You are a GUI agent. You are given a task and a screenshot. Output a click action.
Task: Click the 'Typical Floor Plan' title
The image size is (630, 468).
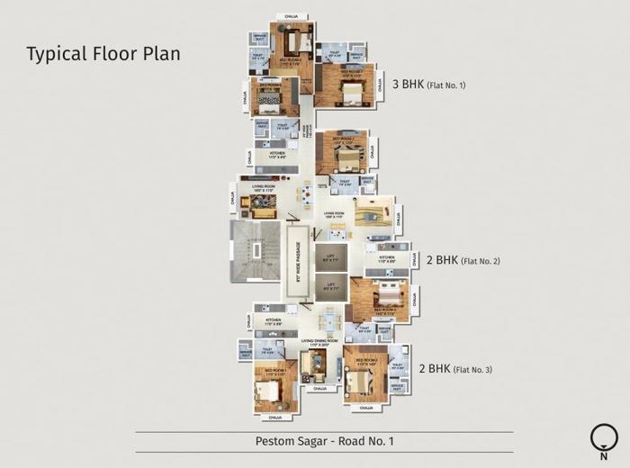(103, 53)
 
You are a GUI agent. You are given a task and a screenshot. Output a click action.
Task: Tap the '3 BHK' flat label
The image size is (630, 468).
(409, 85)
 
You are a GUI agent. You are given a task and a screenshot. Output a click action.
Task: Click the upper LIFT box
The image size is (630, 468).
(331, 258)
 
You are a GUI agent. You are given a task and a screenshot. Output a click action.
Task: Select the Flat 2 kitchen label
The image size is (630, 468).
(386, 259)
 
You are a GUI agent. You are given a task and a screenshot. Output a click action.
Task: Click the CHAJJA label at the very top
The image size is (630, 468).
(291, 16)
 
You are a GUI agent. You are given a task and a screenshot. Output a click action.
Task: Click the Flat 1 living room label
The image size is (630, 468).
(262, 190)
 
